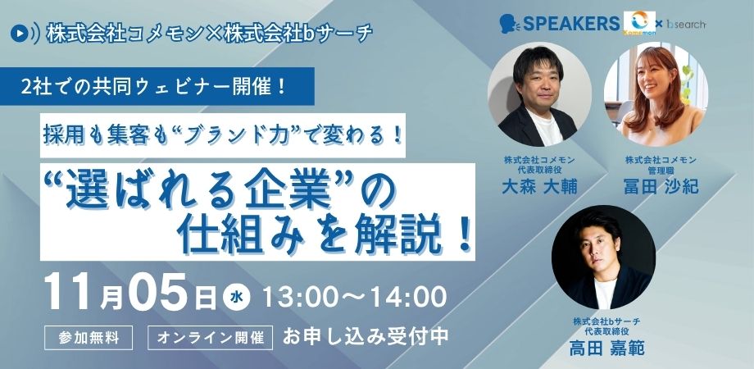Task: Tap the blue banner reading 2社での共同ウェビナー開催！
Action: click(157, 87)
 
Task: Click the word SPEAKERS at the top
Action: click(571, 24)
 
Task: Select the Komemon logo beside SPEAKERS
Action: click(639, 23)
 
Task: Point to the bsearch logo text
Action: click(686, 24)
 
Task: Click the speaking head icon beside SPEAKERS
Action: click(509, 24)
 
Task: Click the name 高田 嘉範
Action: click(606, 348)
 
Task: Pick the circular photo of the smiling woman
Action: click(656, 93)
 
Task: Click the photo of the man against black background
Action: click(603, 257)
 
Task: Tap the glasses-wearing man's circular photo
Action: click(539, 93)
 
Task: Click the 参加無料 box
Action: click(89, 338)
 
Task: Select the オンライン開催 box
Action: click(210, 338)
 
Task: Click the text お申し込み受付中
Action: click(366, 337)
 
